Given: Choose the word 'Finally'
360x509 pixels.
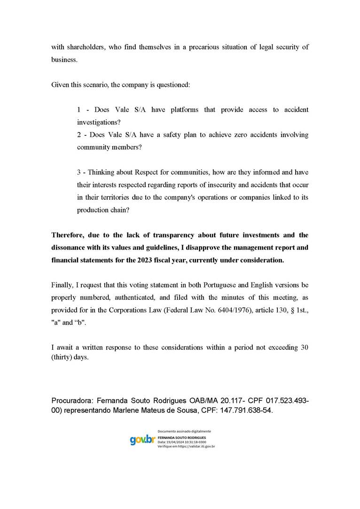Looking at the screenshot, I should tap(62, 285).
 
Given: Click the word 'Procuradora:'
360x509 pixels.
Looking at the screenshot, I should tap(72, 400).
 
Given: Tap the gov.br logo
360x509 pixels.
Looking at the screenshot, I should tap(142, 440).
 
